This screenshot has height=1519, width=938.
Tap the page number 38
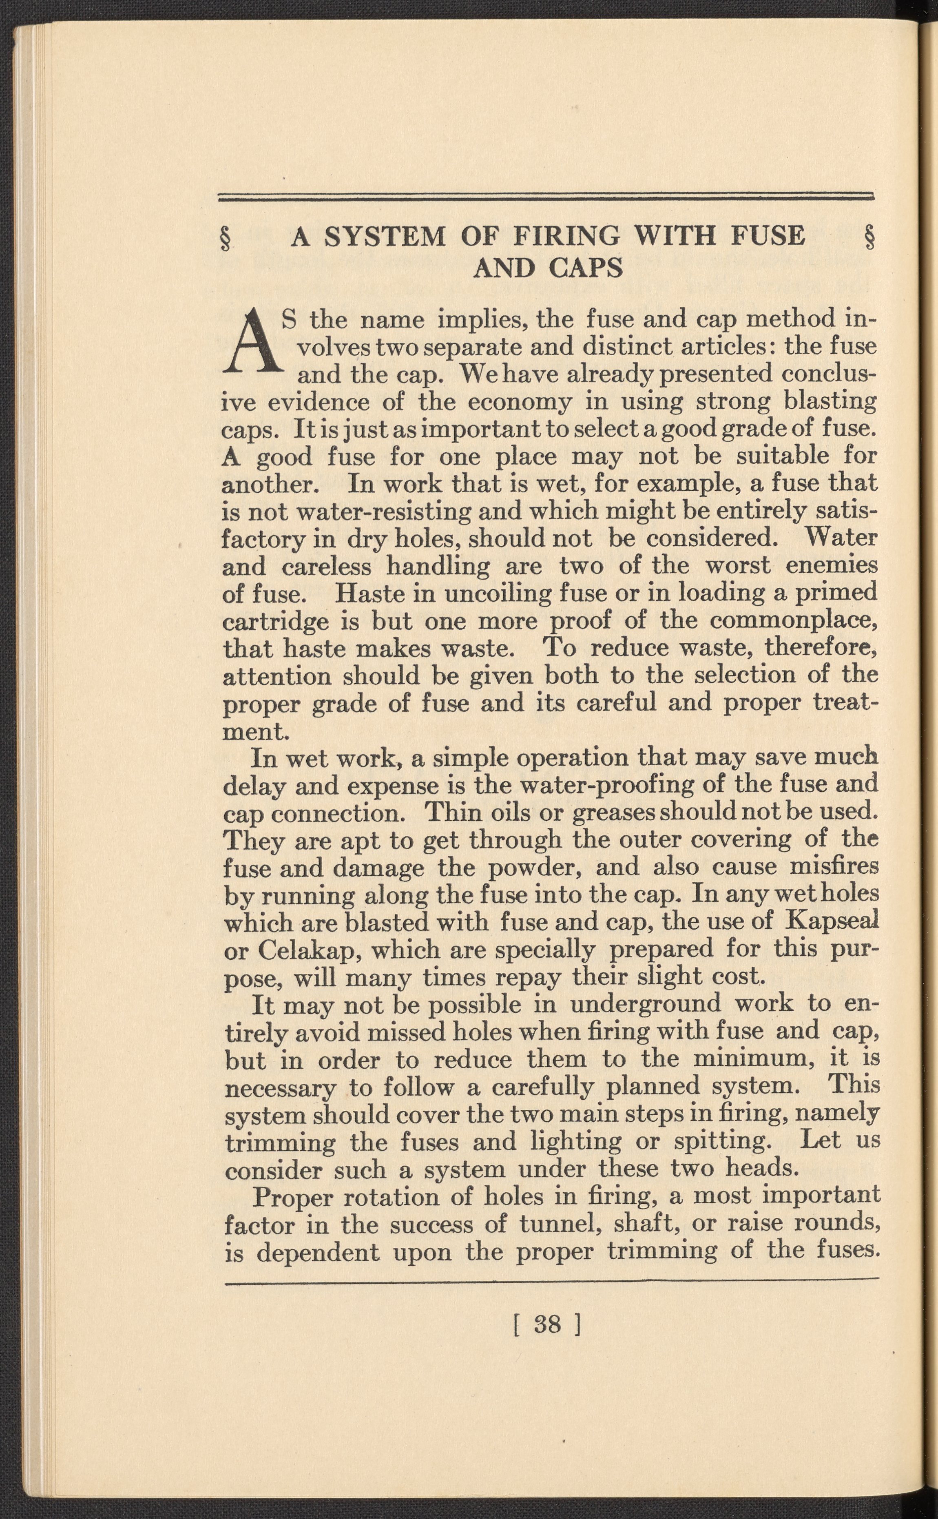click(546, 1325)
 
